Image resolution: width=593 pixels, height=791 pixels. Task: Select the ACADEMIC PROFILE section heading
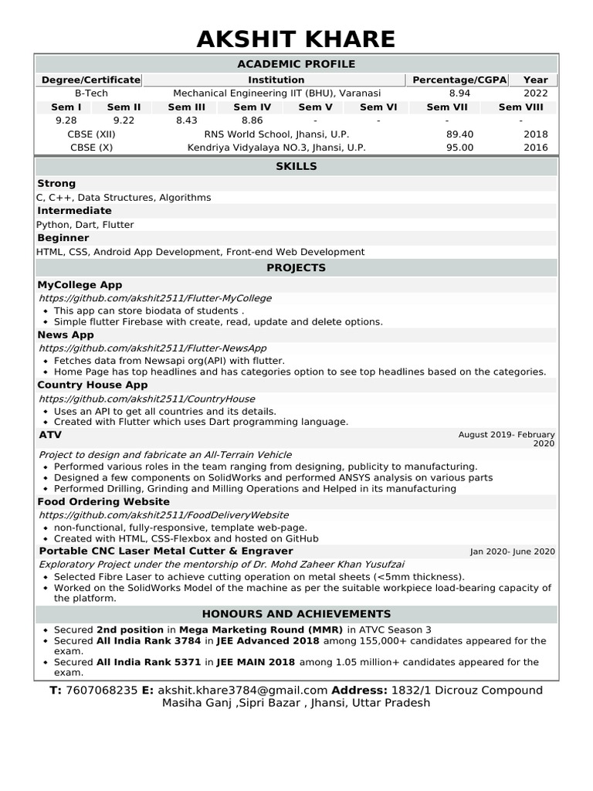pos(296,64)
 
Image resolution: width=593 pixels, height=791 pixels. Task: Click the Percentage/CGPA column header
pos(459,80)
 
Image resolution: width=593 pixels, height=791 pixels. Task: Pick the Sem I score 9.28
pos(66,121)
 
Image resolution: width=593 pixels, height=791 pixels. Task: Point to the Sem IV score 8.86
pos(252,121)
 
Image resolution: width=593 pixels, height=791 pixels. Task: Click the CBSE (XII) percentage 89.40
pos(459,134)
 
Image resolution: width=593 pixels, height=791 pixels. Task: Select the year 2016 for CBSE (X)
pos(535,148)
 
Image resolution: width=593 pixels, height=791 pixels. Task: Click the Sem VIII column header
pos(520,107)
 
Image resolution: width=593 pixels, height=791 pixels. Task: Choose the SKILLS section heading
pos(296,166)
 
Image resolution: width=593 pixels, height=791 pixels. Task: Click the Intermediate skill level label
pos(74,211)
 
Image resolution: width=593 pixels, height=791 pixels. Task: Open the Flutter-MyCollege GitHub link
pos(154,298)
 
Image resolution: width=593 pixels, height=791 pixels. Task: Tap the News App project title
pos(66,334)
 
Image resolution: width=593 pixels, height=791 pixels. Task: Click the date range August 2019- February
pos(506,435)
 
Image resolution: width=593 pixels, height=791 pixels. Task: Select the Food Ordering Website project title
pos(103,501)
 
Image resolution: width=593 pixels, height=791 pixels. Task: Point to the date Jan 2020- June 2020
pos(512,552)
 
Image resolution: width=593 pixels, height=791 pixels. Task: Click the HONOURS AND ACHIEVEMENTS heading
pos(296,614)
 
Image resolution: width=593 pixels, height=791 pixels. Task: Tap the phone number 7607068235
pos(102,690)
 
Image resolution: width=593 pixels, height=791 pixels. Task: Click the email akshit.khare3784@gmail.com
pos(242,690)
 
